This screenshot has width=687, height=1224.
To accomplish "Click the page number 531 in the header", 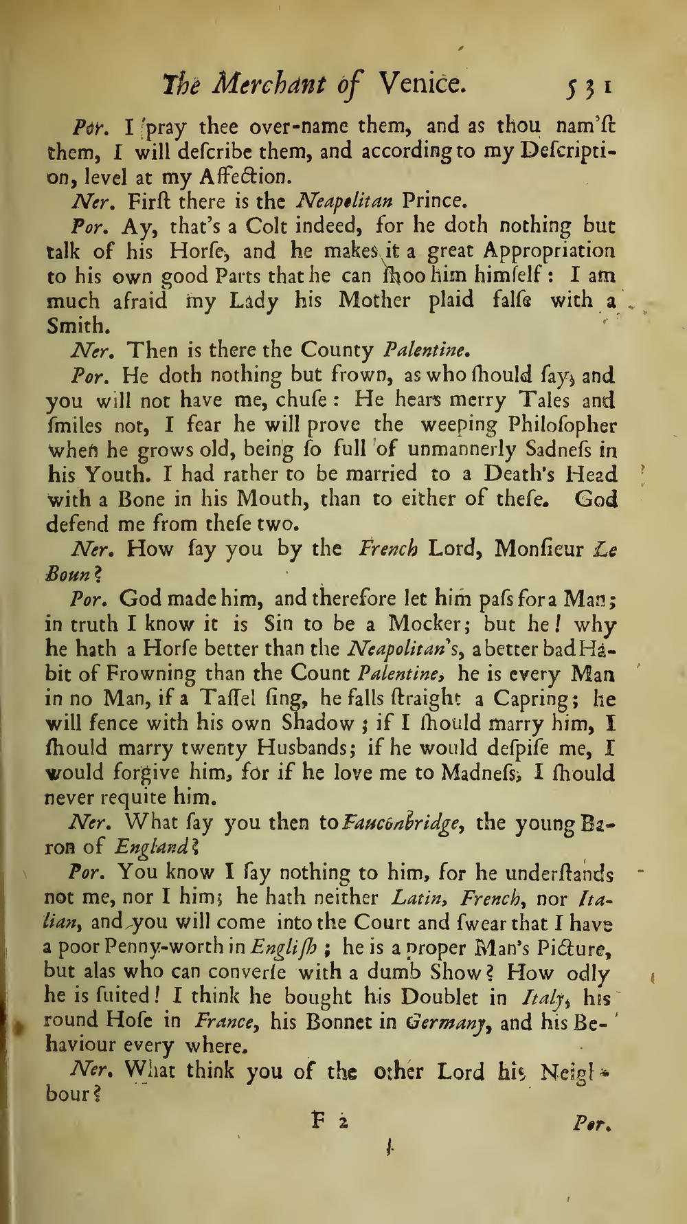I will [588, 88].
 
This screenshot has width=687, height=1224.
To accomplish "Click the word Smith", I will [77, 325].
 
